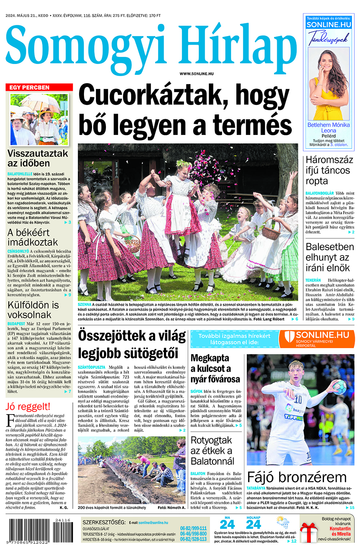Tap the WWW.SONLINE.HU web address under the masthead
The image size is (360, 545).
point(196,74)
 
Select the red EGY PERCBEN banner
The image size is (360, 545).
point(39,87)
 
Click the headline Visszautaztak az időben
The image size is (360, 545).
point(38,158)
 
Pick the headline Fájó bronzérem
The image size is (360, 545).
point(296,477)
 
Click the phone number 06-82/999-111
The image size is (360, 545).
point(193,528)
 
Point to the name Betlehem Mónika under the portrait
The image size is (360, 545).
point(328,125)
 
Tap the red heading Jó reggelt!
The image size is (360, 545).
point(28,407)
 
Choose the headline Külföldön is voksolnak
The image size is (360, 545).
point(33,310)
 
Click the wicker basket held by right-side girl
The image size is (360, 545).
point(271,232)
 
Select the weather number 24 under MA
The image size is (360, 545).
point(227,525)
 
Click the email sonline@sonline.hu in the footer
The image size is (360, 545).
point(154,522)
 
